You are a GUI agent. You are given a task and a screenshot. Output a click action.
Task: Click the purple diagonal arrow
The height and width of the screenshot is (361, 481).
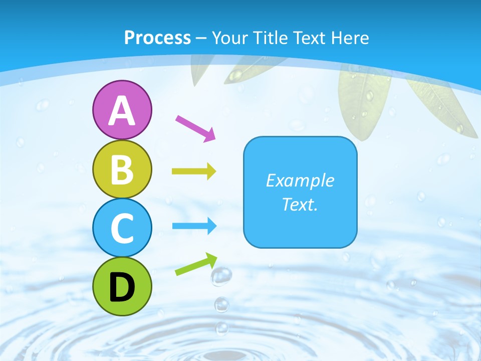[x=195, y=128]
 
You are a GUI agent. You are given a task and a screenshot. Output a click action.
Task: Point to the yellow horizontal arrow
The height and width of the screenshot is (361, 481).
[x=194, y=171]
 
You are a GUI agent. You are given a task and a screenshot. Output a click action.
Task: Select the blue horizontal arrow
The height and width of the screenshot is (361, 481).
[x=194, y=226]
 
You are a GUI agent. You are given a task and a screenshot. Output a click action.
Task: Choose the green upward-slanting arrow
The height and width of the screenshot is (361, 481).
[x=196, y=265]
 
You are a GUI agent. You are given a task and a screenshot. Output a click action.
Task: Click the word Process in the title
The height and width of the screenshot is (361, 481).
[x=157, y=38]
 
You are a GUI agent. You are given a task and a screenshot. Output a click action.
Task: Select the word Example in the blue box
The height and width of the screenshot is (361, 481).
[x=300, y=180]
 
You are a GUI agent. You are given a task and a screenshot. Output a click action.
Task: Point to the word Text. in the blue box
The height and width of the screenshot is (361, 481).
[x=300, y=204]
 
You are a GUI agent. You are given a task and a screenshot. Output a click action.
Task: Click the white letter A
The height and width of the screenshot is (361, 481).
[x=122, y=111]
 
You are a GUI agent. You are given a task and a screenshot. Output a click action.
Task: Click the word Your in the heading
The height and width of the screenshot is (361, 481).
[x=228, y=38]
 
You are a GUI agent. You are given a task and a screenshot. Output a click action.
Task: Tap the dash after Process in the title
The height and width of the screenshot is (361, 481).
[x=201, y=38]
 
